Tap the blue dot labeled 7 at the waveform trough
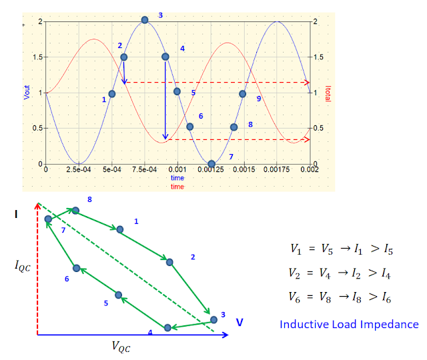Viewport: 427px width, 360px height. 211,163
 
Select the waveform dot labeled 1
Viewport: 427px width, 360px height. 112,93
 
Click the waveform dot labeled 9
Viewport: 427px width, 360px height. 243,93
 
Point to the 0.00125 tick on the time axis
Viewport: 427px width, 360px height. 211,171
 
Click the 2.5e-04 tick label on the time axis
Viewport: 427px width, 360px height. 79,171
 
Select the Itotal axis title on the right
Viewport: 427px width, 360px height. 328,93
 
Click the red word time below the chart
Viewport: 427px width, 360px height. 177,187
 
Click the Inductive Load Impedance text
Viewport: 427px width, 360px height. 349,325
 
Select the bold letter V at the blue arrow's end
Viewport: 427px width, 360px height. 239,322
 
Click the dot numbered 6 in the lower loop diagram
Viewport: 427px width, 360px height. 77,268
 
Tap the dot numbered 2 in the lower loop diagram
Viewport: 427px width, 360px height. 169,262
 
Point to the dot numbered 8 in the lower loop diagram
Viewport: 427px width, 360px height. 75,211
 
